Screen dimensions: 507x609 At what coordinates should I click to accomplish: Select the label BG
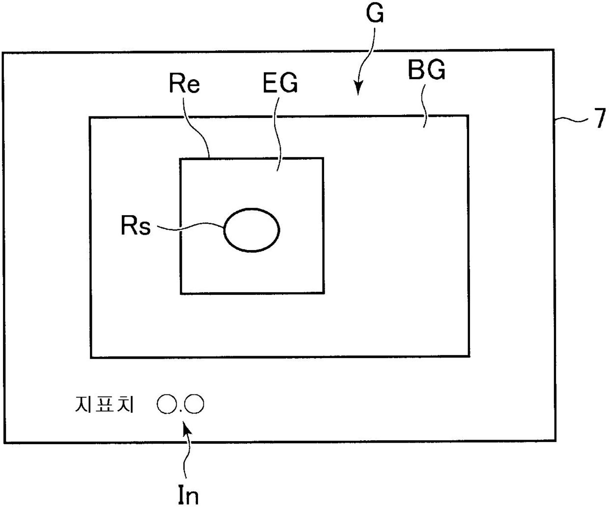coord(427,71)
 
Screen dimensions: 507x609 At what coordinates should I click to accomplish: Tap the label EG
coord(280,84)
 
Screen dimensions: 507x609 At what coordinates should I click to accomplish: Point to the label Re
coord(184,84)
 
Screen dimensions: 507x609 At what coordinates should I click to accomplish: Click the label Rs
coord(136,226)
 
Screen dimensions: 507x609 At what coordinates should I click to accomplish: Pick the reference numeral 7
coord(599,119)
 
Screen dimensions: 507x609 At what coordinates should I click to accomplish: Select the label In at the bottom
coord(188,495)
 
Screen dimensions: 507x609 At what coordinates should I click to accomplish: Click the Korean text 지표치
coord(104,405)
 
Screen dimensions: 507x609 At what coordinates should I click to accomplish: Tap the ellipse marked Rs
coord(251,230)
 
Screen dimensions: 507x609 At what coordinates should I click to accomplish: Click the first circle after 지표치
coord(167,404)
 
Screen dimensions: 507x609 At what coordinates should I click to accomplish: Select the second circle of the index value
coord(194,404)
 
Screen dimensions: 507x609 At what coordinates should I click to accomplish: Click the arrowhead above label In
coord(187,428)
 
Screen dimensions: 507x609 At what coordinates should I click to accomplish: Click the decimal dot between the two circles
coord(181,410)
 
